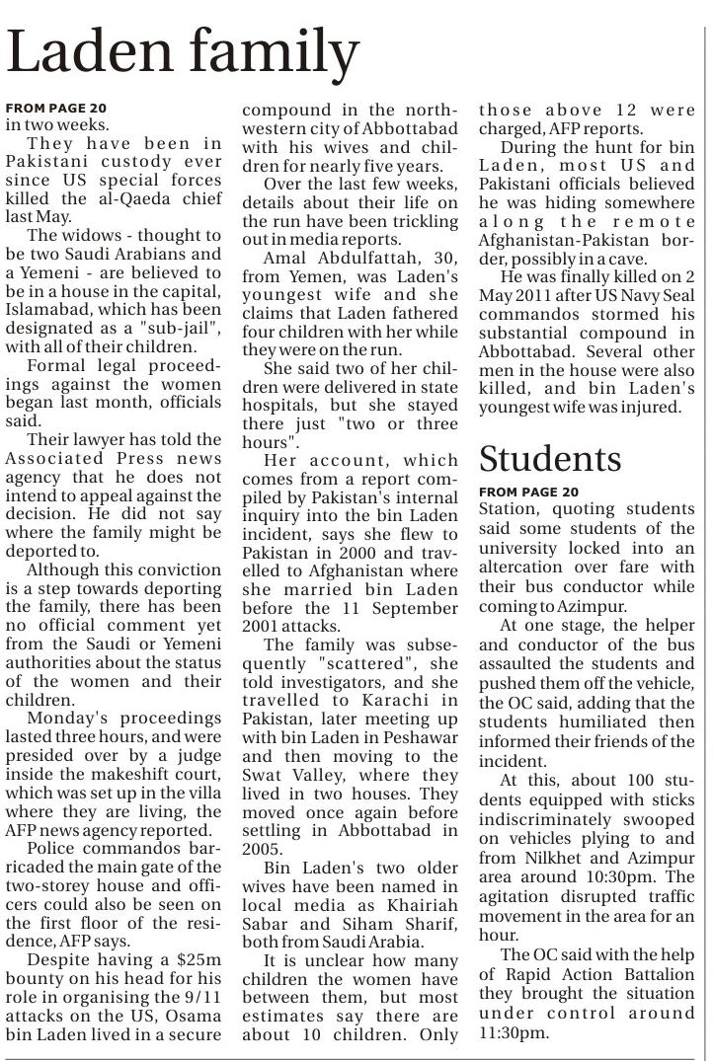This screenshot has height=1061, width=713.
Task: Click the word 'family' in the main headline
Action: (x=256, y=51)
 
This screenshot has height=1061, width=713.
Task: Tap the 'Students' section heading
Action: (x=550, y=458)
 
